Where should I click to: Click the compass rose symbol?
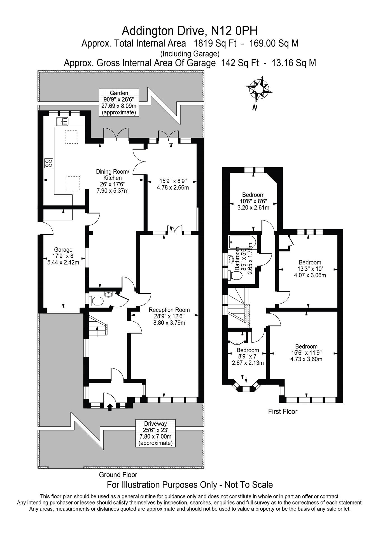259,89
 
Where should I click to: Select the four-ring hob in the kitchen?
49,163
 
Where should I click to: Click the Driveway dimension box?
155,433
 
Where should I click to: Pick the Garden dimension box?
119,103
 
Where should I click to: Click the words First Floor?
283,411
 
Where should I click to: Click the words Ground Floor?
118,475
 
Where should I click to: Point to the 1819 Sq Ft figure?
215,43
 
